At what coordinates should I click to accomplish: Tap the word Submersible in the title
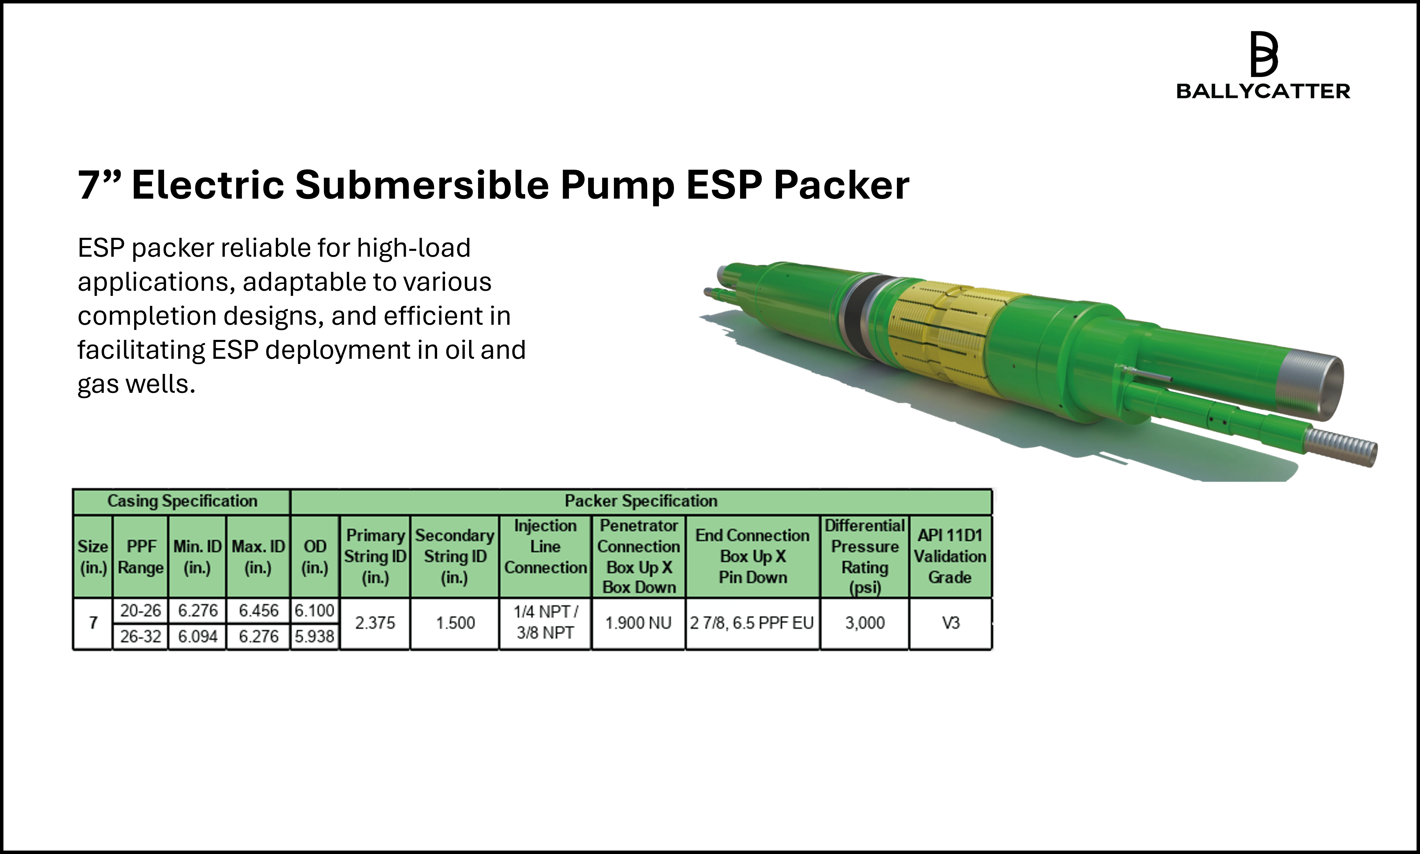422,185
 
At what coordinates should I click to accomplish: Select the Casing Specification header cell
182,501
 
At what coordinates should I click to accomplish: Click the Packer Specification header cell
641,501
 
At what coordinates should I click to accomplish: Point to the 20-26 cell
141,611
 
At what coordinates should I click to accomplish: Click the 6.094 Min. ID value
197,636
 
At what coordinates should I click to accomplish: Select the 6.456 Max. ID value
259,611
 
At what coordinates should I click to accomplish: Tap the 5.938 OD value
314,636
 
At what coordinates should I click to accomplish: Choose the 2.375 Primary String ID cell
375,623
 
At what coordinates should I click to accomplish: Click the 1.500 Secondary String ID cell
455,623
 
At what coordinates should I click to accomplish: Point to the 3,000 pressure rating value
864,623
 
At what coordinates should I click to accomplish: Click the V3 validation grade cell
950,623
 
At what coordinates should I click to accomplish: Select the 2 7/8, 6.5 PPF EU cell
752,623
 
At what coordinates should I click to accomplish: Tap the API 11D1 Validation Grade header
950,556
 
